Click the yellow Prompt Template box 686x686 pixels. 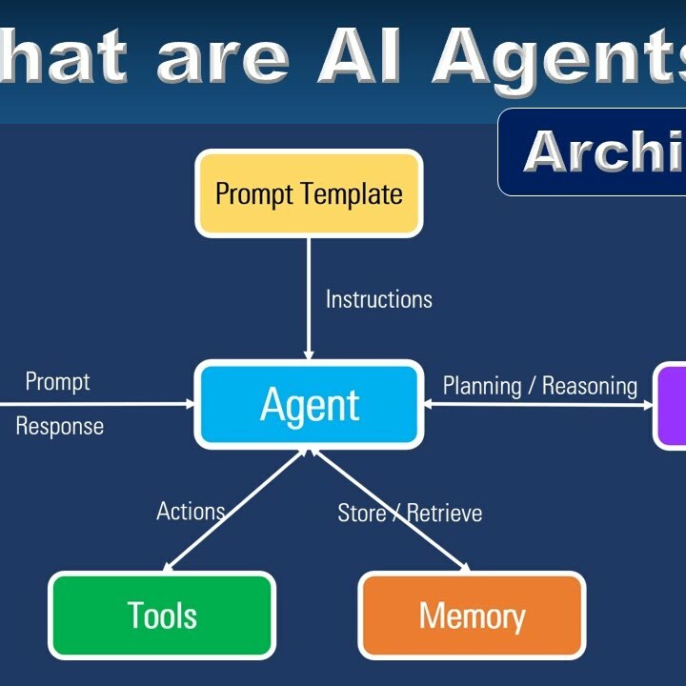(x=309, y=193)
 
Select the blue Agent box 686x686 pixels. (x=310, y=405)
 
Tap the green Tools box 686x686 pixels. (x=162, y=615)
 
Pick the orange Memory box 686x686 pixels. (x=472, y=615)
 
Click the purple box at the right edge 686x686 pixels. (x=671, y=405)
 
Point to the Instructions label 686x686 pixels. (x=378, y=299)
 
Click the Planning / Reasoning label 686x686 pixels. (x=539, y=386)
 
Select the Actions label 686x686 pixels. (x=191, y=512)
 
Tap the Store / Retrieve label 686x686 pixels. (x=410, y=514)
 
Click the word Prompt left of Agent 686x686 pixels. (x=57, y=382)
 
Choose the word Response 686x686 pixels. (x=59, y=426)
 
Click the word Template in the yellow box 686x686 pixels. (x=352, y=194)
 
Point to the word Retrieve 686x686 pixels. (x=444, y=514)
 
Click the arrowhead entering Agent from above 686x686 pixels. (x=309, y=353)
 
